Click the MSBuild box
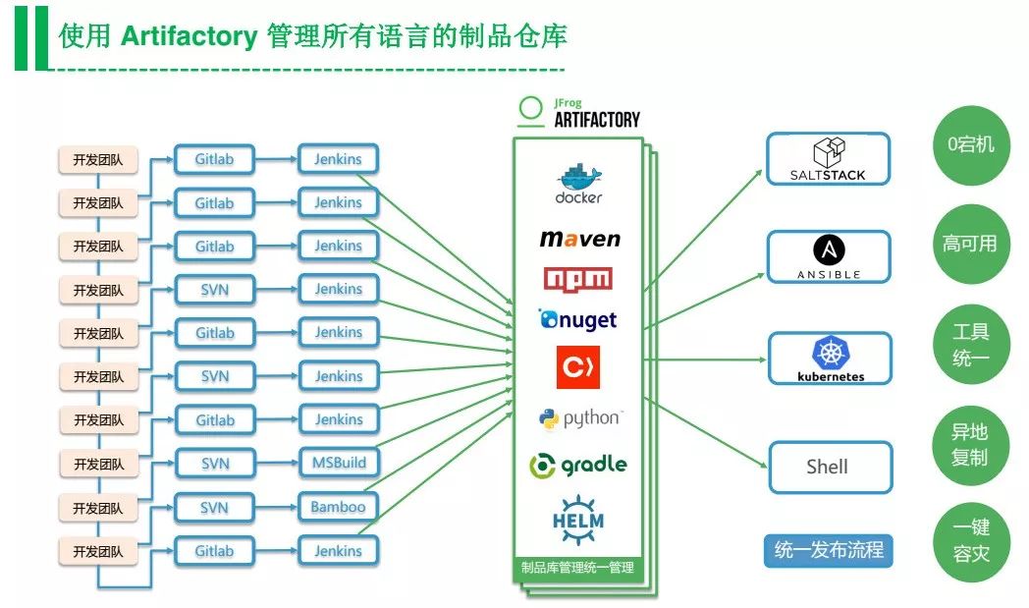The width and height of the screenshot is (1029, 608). click(x=338, y=463)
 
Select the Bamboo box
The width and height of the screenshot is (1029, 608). click(x=338, y=507)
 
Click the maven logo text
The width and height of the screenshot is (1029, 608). click(x=579, y=239)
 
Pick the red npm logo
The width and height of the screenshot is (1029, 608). click(x=577, y=279)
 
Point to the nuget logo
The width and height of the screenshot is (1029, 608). click(x=577, y=320)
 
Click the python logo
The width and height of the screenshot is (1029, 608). click(x=579, y=418)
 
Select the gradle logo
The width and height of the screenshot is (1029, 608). click(x=577, y=465)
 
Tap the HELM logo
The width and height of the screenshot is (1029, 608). click(x=577, y=518)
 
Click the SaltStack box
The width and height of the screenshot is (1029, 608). click(x=828, y=159)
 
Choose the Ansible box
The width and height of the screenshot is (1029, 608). click(x=829, y=257)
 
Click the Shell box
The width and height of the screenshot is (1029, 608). click(x=830, y=467)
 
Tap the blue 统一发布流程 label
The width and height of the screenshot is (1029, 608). click(x=829, y=550)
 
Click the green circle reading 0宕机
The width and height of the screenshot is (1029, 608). click(x=970, y=145)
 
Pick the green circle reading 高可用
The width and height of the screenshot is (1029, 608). click(x=970, y=244)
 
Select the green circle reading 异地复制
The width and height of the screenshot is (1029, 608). click(x=970, y=444)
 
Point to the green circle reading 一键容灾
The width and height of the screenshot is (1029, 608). click(x=970, y=540)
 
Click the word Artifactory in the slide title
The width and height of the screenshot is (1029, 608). click(x=188, y=37)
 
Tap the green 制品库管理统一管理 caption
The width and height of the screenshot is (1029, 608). click(x=577, y=567)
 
